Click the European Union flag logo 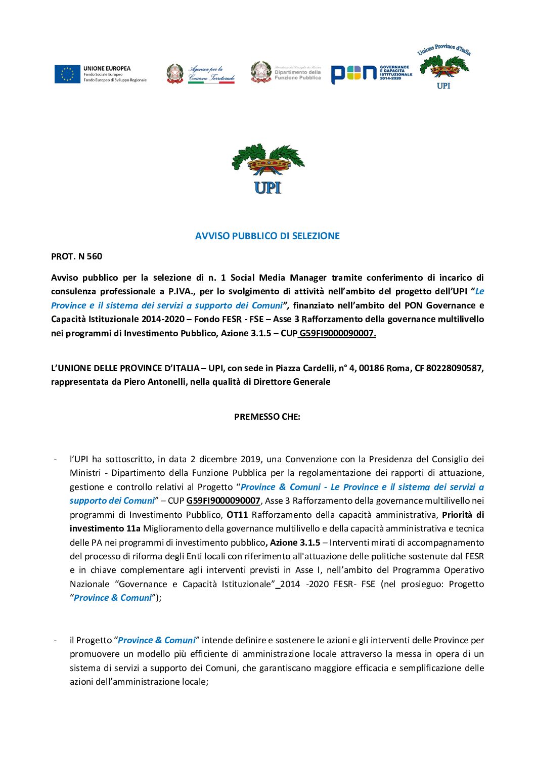67,74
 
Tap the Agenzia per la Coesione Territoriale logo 201,74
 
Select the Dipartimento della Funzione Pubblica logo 286,72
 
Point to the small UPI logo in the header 444,66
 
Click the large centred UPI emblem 268,169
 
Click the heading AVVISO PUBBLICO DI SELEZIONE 268,236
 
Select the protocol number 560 95,256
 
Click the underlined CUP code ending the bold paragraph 337,333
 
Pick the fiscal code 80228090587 455,368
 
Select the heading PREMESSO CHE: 267,417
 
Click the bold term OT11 237,515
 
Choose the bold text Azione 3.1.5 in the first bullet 295,543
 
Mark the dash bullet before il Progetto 55,640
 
